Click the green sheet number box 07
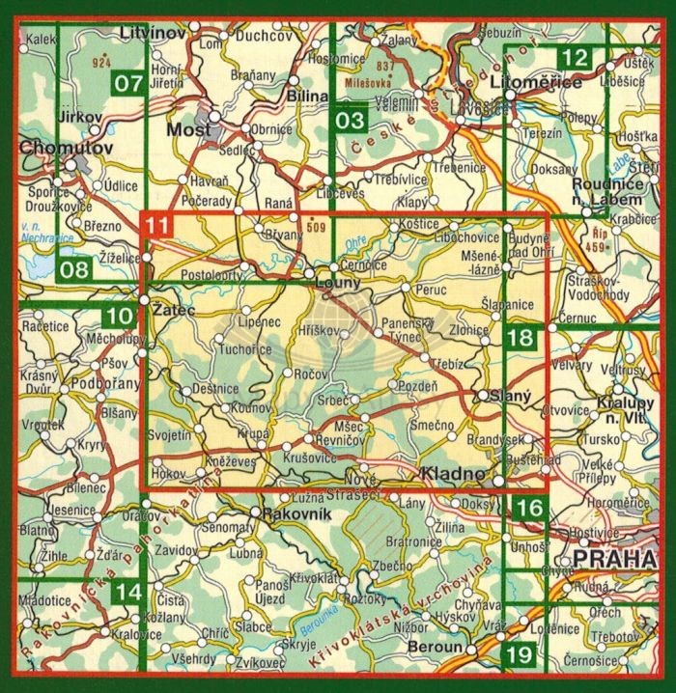tap(128, 83)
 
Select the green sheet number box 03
tap(352, 120)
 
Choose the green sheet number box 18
tap(520, 338)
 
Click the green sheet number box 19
tap(520, 655)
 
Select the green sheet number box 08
tap(72, 269)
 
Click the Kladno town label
tap(452, 473)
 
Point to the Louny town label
tap(338, 283)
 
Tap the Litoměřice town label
tap(537, 83)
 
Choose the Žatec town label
tap(173, 310)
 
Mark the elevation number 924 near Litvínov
tap(98, 63)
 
